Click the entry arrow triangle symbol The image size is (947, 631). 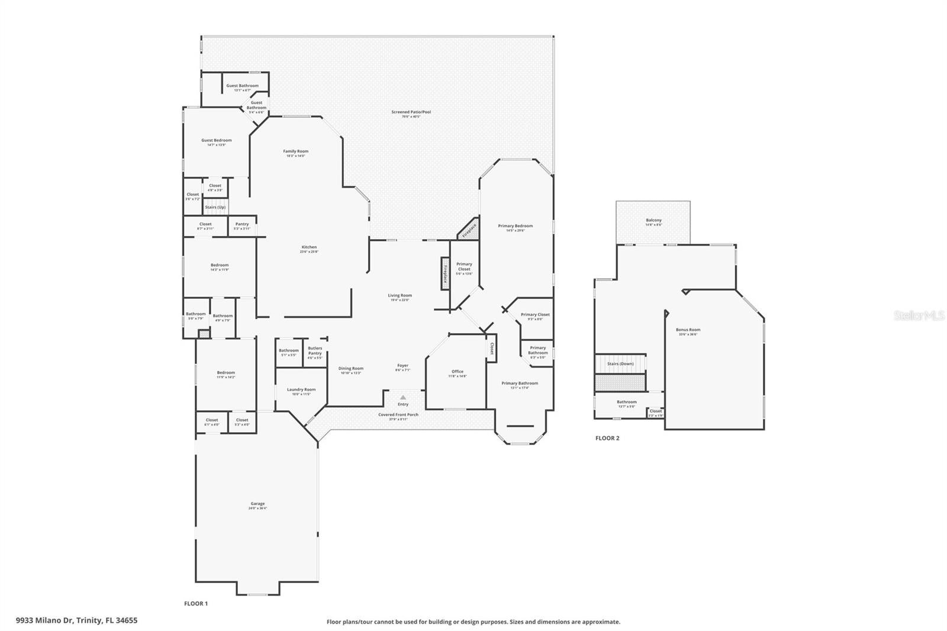[x=403, y=398]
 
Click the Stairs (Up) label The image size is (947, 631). [x=215, y=207]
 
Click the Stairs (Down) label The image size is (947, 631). [x=620, y=363]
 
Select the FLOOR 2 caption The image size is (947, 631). [x=607, y=438]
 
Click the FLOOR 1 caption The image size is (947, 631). [x=196, y=604]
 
